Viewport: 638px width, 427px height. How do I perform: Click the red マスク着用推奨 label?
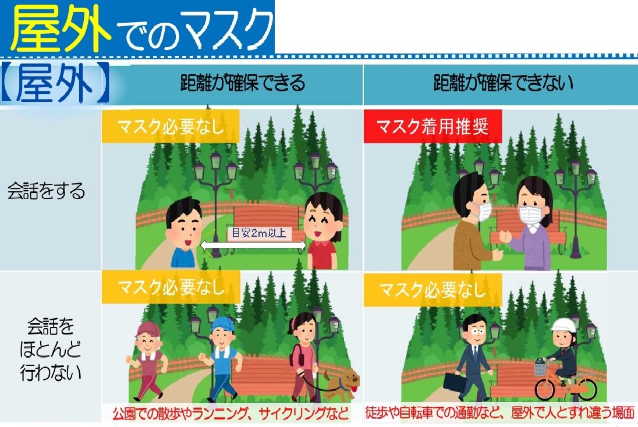433,126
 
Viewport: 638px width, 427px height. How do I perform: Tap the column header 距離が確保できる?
243,83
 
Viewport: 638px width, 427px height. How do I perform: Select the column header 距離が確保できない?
504,83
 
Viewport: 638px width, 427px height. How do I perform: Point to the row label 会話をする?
47,191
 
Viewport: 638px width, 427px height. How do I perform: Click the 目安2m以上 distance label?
259,233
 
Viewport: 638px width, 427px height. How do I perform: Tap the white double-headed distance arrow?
253,245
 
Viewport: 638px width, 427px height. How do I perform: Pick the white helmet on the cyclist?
563,326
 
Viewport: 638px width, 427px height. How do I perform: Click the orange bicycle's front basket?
541,367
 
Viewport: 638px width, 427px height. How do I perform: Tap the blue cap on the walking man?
222,325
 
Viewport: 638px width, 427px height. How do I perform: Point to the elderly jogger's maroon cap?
147,329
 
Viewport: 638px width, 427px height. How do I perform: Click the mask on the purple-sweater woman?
532,215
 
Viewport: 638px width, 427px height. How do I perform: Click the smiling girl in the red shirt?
324,230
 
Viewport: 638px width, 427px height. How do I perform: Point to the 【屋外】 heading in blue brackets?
55,83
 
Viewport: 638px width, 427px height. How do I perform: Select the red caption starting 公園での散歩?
231,414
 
